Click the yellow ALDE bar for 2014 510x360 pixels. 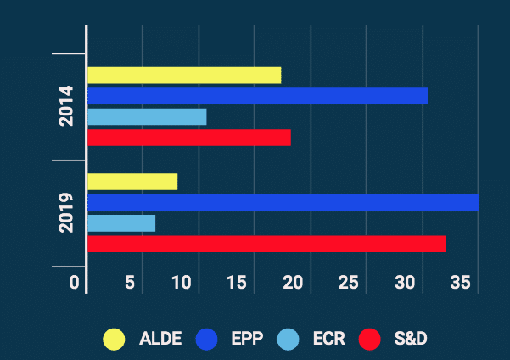tap(184, 75)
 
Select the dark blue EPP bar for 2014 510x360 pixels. tap(257, 96)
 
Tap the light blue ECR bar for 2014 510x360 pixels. tap(147, 116)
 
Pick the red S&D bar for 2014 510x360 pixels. tap(189, 138)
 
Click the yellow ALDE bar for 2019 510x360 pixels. tap(132, 182)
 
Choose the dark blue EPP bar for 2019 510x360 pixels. tap(283, 202)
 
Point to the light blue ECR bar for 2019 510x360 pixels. tap(121, 223)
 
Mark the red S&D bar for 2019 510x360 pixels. tap(266, 244)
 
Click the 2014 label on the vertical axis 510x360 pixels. tap(67, 106)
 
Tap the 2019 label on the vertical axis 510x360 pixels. tap(67, 212)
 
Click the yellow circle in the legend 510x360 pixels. tap(114, 339)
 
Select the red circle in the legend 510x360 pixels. tap(369, 339)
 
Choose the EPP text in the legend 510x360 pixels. tap(247, 339)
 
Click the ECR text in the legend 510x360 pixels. tap(328, 339)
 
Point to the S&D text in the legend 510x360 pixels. tap(411, 339)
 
